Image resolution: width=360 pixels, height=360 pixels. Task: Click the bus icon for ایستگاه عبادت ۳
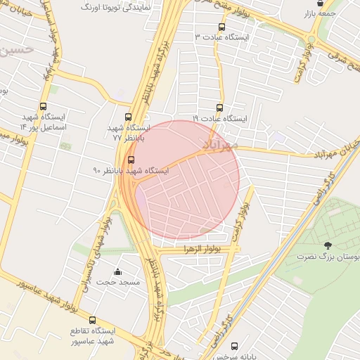(x=222, y=27)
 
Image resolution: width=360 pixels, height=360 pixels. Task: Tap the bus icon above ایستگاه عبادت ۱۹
(x=220, y=108)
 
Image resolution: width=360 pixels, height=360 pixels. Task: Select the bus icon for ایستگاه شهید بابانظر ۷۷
(x=127, y=117)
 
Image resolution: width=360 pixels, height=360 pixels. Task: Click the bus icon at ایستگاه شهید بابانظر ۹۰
(x=131, y=160)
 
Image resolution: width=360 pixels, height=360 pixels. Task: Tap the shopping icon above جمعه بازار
(x=321, y=3)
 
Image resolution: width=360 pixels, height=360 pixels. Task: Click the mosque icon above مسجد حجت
(x=117, y=271)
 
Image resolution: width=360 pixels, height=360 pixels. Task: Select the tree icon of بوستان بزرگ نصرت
(x=328, y=245)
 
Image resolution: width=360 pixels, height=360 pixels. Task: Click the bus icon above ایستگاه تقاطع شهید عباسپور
(x=92, y=321)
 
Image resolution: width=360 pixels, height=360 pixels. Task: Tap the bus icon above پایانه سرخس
(x=234, y=346)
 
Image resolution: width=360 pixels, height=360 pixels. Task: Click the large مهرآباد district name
(x=221, y=143)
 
